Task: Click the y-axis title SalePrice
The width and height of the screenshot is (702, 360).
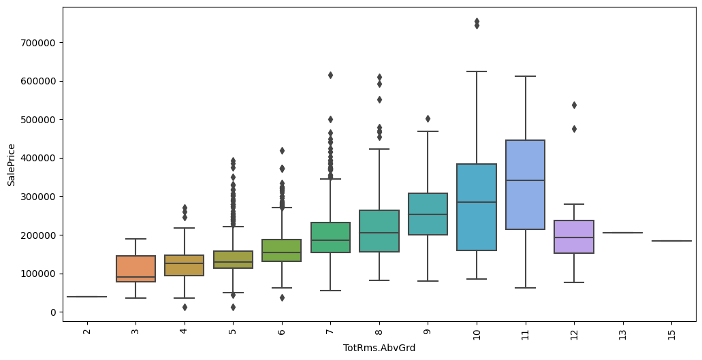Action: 11,160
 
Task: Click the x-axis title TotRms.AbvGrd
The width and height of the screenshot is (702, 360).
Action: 380,348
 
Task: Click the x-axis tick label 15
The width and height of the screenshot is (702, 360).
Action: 671,331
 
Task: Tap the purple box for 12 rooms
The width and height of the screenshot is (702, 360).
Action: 574,237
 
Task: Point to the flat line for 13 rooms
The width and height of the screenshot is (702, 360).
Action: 622,233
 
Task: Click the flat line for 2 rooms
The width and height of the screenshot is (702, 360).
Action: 86,297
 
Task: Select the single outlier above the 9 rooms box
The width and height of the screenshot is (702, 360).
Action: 428,118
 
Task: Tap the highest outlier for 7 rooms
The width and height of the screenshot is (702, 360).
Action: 330,75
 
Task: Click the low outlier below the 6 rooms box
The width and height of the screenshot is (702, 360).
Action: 282,297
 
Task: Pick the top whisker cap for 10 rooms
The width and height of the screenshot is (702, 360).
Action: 477,71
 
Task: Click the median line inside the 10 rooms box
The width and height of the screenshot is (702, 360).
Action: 477,202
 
